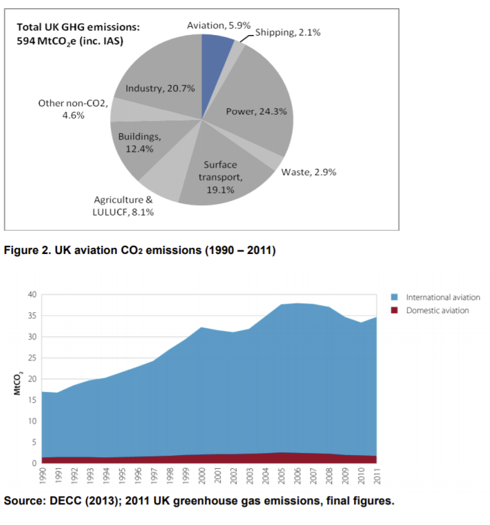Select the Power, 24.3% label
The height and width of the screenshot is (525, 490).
coord(252,111)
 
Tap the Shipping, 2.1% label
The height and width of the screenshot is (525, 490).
coord(287,32)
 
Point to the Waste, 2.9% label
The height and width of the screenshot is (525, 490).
coord(309,172)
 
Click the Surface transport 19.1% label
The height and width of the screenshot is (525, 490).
coord(221,177)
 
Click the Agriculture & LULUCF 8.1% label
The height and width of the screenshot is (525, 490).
coord(124,206)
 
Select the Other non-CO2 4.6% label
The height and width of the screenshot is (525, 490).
coord(72,109)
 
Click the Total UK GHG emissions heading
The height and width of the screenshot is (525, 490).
coord(78,27)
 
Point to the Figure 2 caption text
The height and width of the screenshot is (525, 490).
coord(140,251)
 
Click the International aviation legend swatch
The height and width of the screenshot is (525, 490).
coord(394,298)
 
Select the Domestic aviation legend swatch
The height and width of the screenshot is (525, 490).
coord(394,310)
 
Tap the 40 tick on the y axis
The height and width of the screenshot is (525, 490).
coord(31,294)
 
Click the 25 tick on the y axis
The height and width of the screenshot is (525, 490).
coord(31,358)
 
